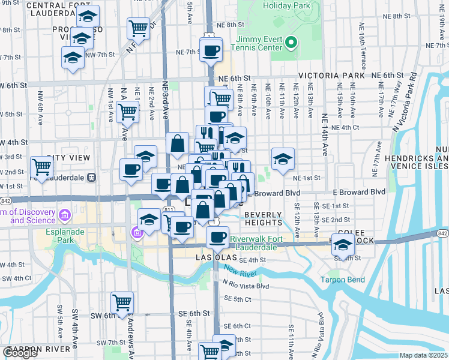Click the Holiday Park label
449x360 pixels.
[x=285, y=6]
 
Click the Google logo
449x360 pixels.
[x=19, y=353]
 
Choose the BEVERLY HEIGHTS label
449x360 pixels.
[x=263, y=218]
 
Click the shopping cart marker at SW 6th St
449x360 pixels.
[x=122, y=302]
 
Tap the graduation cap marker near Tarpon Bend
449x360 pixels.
[x=343, y=245]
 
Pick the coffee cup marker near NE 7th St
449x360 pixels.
[x=211, y=51]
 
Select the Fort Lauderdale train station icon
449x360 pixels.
[x=92, y=177]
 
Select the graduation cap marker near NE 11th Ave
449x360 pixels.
[x=283, y=158]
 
